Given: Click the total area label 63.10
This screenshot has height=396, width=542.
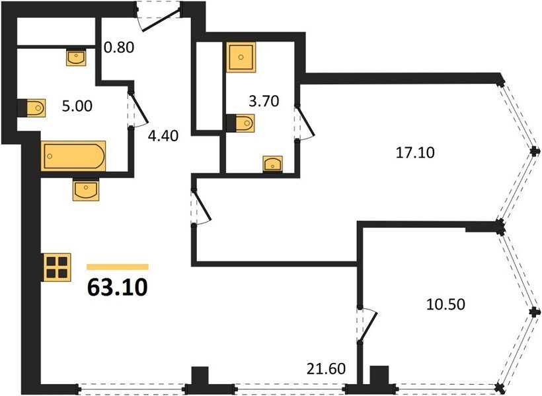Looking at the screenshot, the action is coord(118,287).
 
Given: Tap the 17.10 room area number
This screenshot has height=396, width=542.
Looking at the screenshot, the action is coord(415,152).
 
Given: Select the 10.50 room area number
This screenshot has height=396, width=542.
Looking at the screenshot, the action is coord(445,304).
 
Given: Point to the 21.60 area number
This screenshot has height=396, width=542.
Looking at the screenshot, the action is coord(326,369).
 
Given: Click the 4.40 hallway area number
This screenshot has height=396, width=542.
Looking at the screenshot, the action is coord(163,136).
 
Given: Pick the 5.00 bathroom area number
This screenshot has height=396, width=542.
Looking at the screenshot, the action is coord(77,106).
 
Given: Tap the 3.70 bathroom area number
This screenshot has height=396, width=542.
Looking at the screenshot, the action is coord(264,102).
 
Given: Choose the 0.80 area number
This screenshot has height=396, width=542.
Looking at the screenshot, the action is coord(119,48).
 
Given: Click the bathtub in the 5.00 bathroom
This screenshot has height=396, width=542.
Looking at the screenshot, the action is coord(73,156).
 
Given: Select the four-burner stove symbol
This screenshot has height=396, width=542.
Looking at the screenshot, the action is coord(56,267).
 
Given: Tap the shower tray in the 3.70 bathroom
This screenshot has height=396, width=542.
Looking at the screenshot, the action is coord(241,57).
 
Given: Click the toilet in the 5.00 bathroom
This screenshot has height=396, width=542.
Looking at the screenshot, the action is coord(31,108).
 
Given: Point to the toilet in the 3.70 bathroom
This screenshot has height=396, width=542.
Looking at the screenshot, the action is coord(241,123).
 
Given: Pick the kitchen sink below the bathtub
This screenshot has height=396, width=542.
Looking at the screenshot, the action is coord(85,190).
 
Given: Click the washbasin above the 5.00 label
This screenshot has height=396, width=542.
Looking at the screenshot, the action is coord(76,57).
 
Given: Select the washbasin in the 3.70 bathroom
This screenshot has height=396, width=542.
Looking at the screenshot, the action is coord(273,164).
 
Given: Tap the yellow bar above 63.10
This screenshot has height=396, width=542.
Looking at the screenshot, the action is coord(118,267).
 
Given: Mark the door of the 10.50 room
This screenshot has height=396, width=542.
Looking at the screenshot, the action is coord(367,325).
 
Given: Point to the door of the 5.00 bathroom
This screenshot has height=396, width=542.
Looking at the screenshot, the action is coord(138,109).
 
